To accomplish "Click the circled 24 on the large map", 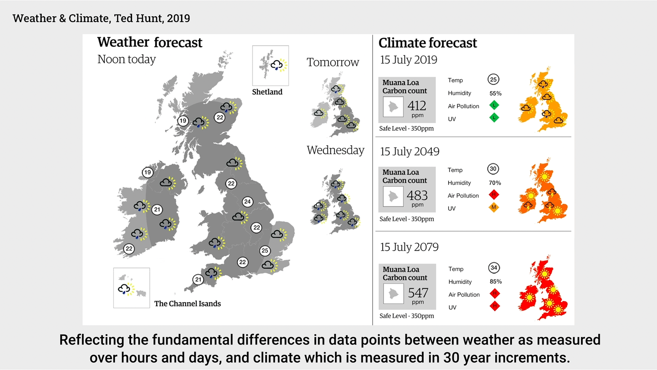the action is (247, 202).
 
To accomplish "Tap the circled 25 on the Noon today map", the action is (265, 250).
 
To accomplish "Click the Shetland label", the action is (267, 92).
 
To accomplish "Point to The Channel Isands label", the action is (188, 304).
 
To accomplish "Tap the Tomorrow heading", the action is (333, 62).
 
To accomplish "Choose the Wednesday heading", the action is (335, 150).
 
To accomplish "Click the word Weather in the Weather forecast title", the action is (123, 42).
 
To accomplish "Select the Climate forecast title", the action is (427, 43).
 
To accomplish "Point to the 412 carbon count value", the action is (416, 106).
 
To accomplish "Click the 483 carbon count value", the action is (417, 195).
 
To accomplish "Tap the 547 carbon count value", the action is (418, 293).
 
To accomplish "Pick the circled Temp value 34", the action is (494, 268).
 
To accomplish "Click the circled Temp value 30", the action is (493, 169).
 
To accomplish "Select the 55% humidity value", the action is (495, 93).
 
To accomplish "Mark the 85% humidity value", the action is (496, 282).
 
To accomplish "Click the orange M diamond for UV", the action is (494, 207).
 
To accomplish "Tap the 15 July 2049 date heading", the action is (410, 151).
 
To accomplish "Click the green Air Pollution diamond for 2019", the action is (494, 105).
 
